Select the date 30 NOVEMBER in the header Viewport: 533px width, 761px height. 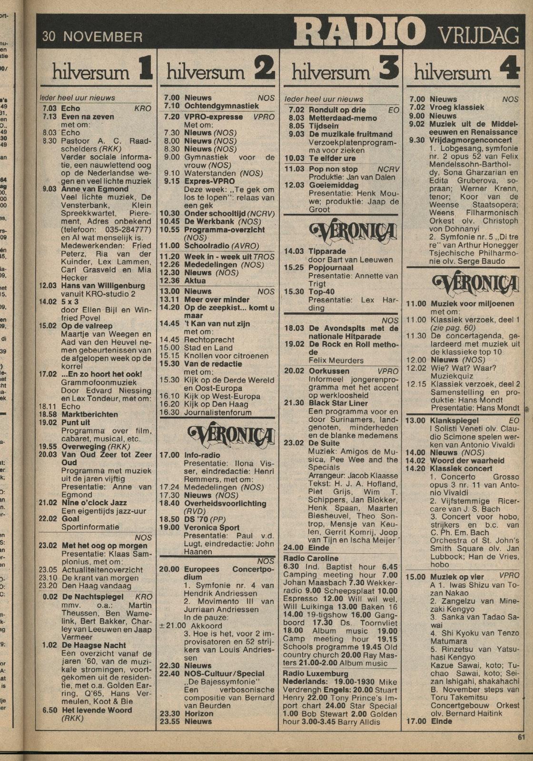pos(92,37)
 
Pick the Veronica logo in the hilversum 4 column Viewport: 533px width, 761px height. pos(475,284)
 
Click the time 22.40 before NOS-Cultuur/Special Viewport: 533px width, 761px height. pos(169,673)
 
